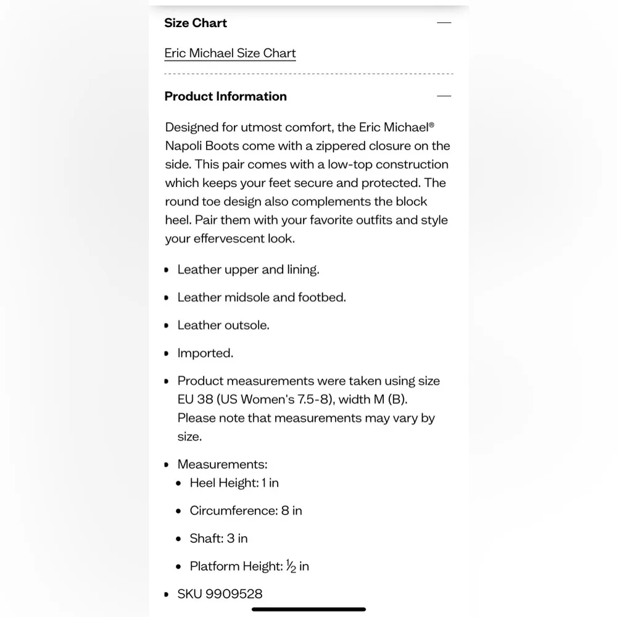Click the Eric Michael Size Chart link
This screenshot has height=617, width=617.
pos(230,53)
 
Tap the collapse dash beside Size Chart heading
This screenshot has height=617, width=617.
pos(444,23)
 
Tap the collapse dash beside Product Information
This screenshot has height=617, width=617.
pos(444,96)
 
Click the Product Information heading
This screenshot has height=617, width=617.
pos(225,96)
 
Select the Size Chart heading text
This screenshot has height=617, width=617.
pos(196,23)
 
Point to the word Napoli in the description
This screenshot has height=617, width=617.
pos(184,146)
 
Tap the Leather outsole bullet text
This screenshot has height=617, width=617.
pos(223,325)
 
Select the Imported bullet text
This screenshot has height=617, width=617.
pos(205,353)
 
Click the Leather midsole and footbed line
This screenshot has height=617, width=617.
pos(262,297)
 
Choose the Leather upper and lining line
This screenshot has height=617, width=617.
pos(248,270)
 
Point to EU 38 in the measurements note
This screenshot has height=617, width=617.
pos(195,399)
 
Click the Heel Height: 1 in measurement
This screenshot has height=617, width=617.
pos(234,482)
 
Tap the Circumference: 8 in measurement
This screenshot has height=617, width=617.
pos(246,510)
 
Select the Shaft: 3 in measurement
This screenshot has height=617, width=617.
pos(218,538)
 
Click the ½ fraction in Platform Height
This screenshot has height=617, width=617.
pos(291,566)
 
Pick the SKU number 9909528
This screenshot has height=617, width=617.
pos(234,594)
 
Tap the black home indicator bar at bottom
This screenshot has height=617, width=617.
pos(308,609)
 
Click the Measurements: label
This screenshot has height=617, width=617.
pos(222,464)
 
